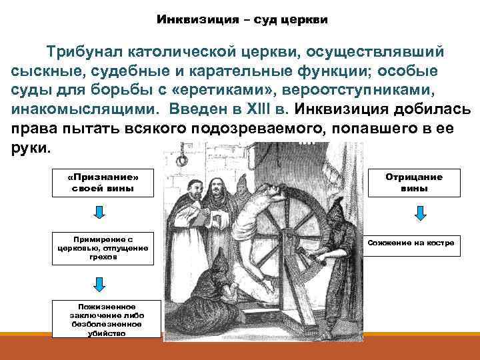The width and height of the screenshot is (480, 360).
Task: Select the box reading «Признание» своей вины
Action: pyautogui.click(x=103, y=183)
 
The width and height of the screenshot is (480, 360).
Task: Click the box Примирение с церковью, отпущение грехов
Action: pyautogui.click(x=103, y=246)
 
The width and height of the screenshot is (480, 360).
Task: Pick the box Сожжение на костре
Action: pyautogui.click(x=411, y=243)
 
